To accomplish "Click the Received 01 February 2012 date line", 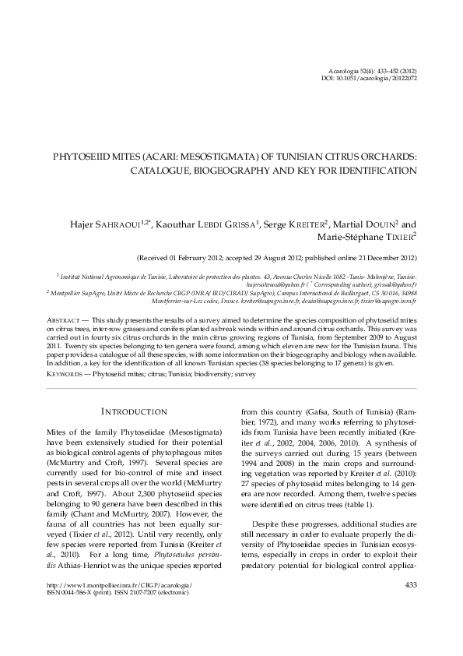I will tap(277, 256).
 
